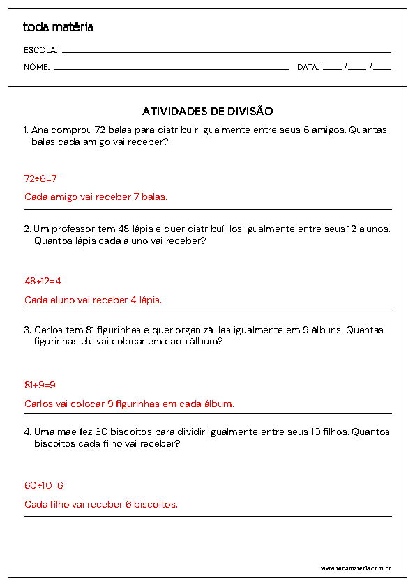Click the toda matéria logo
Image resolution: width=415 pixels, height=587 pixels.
[58, 27]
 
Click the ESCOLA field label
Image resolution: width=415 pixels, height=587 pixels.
[40, 50]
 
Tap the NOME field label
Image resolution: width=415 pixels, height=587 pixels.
[37, 68]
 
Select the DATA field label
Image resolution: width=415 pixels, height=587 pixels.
[308, 68]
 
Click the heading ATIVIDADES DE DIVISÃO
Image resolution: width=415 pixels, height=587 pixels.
[207, 111]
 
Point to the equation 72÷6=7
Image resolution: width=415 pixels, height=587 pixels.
[40, 178]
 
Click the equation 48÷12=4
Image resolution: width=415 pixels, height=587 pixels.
[43, 281]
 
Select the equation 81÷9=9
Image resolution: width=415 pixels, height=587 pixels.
[40, 384]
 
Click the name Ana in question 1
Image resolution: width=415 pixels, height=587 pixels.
[40, 130]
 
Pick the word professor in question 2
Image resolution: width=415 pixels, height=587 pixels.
[76, 229]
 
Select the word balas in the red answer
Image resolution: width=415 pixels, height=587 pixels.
[154, 197]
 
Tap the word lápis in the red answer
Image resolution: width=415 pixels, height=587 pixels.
[149, 300]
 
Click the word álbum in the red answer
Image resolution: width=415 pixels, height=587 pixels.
[219, 404]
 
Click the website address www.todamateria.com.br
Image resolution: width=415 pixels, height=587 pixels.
[355, 568]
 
